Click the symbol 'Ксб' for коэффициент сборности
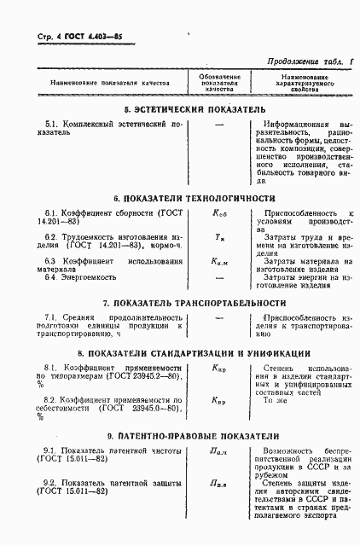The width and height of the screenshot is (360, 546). click(x=219, y=212)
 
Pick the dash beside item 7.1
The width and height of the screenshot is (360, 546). click(x=219, y=318)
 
